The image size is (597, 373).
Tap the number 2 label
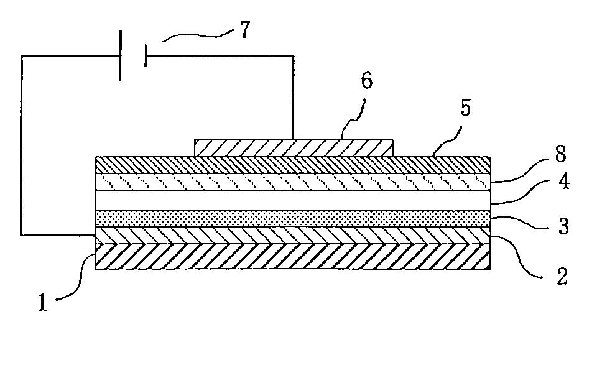pyautogui.click(x=562, y=276)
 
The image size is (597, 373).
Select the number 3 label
pyautogui.click(x=563, y=226)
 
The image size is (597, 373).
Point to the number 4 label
pyautogui.click(x=563, y=183)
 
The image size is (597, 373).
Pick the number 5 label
pyautogui.click(x=466, y=108)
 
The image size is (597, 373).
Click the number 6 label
pyautogui.click(x=367, y=81)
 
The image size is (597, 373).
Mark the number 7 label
pyautogui.click(x=245, y=30)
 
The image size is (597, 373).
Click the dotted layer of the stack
pyautogui.click(x=292, y=219)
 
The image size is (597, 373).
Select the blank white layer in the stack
pyautogui.click(x=292, y=200)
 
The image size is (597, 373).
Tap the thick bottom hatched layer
pyautogui.click(x=292, y=256)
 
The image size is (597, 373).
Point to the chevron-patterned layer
pyautogui.click(x=292, y=235)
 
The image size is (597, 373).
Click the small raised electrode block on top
pyautogui.click(x=294, y=147)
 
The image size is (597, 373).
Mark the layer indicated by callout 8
pyautogui.click(x=292, y=181)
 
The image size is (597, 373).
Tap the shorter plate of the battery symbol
pyautogui.click(x=145, y=55)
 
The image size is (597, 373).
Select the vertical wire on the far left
pyautogui.click(x=21, y=146)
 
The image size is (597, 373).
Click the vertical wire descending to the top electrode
pyautogui.click(x=292, y=96)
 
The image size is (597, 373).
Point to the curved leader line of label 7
pyautogui.click(x=196, y=36)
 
